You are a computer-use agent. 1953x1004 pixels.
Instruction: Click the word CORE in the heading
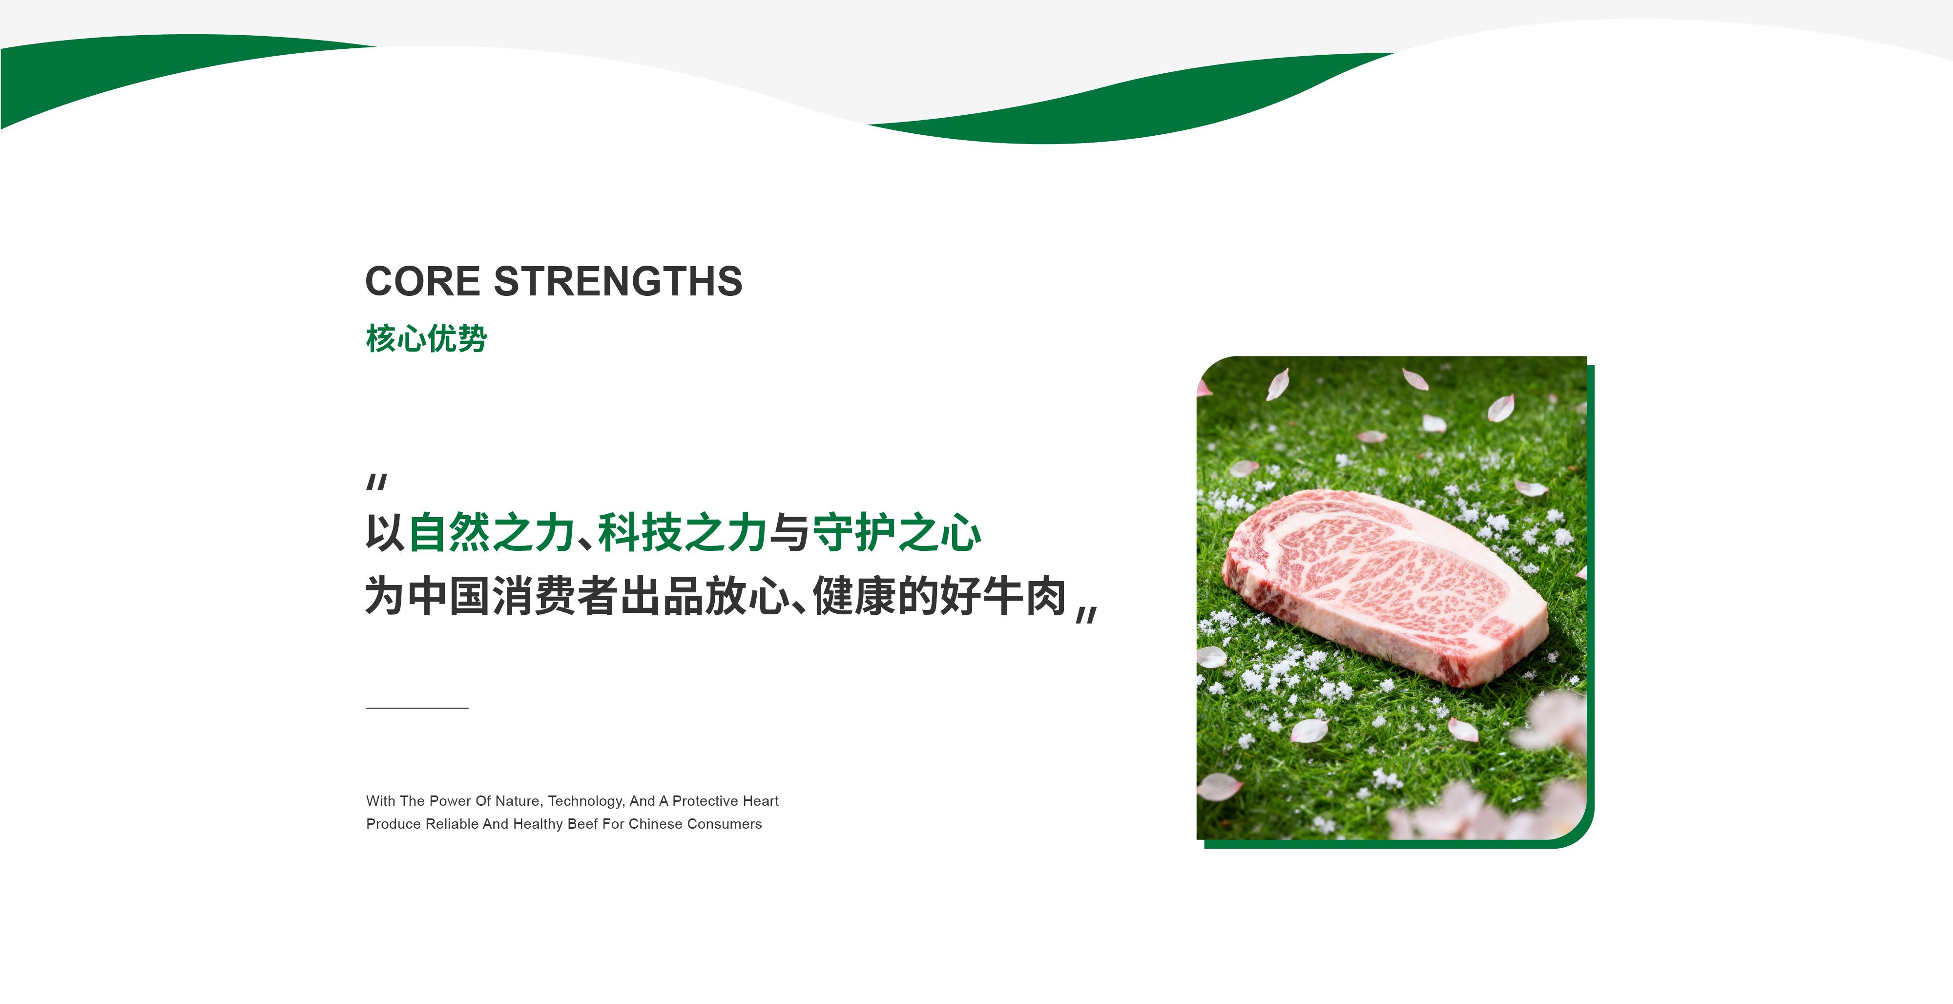pyautogui.click(x=423, y=281)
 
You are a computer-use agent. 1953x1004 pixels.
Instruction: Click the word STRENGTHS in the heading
pyautogui.click(x=618, y=281)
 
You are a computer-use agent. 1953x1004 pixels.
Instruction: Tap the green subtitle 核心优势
pyautogui.click(x=426, y=338)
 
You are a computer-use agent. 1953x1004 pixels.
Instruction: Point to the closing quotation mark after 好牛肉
pyautogui.click(x=1087, y=615)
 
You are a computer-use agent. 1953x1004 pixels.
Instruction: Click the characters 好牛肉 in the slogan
pyautogui.click(x=1003, y=596)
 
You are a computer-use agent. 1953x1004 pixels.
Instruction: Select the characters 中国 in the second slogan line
pyautogui.click(x=449, y=596)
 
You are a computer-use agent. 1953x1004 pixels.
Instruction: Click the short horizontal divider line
pyautogui.click(x=417, y=708)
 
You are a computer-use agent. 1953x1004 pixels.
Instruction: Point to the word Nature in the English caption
pyautogui.click(x=518, y=801)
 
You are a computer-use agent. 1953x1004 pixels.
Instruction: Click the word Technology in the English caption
pyautogui.click(x=584, y=801)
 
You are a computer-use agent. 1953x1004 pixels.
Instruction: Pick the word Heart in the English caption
pyautogui.click(x=760, y=801)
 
